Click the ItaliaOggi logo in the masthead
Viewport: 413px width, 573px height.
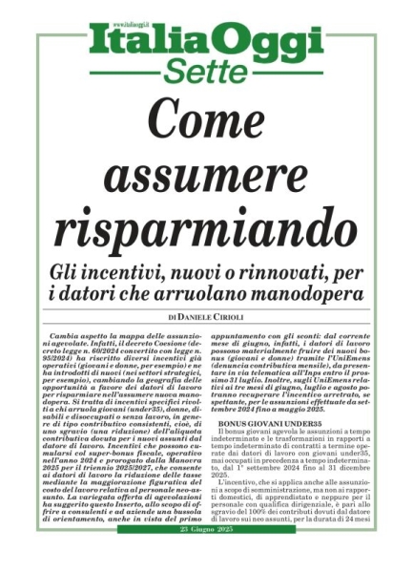coord(207,40)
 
